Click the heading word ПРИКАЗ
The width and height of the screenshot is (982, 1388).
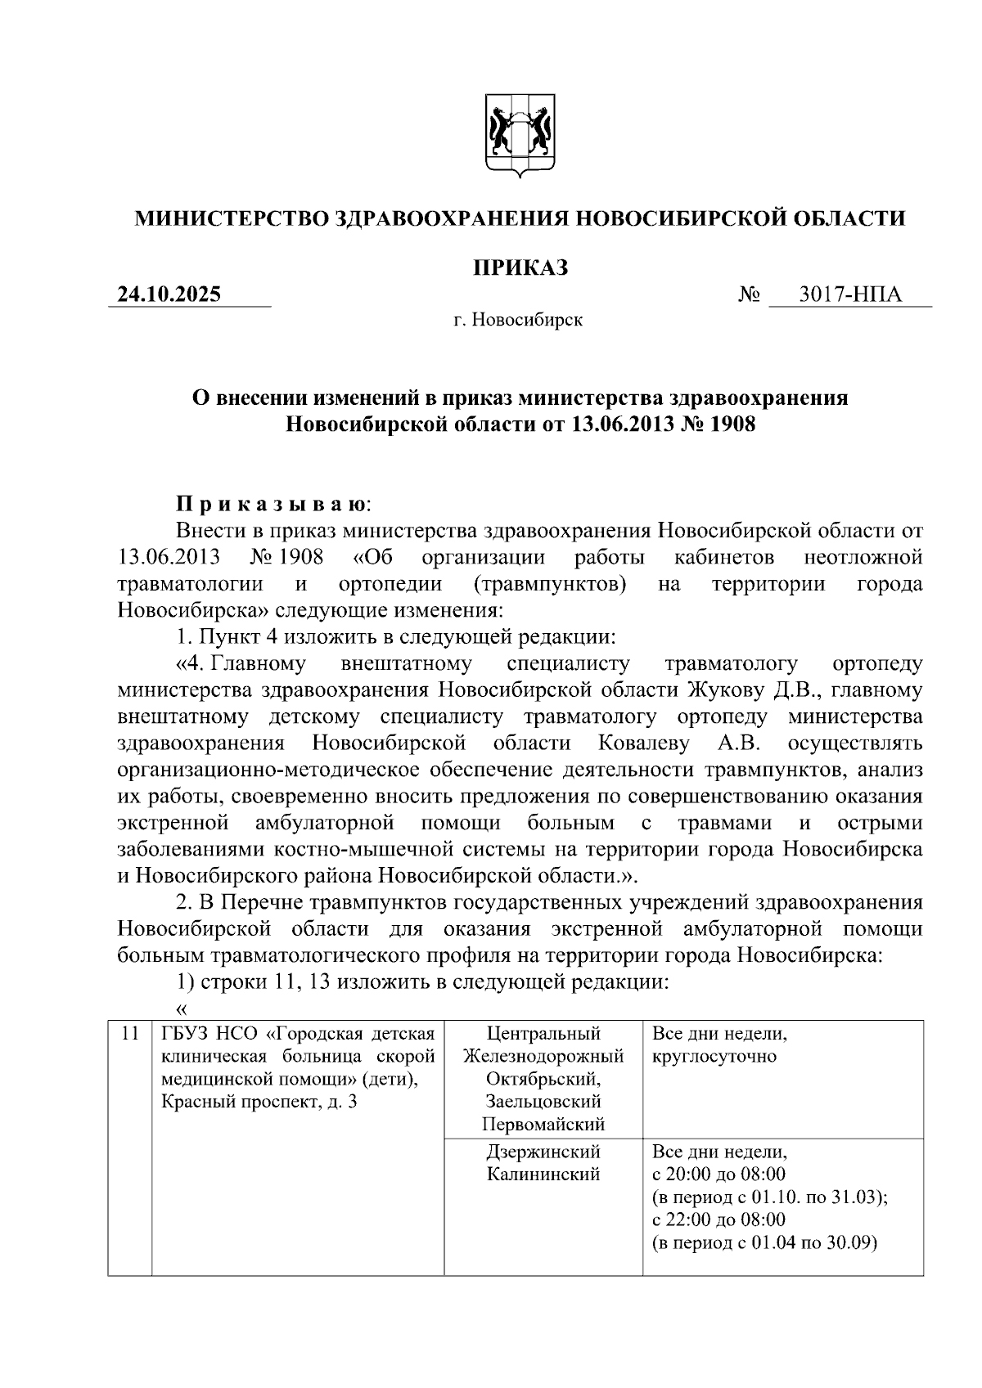pyautogui.click(x=520, y=267)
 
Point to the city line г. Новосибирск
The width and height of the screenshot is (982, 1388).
pyautogui.click(x=519, y=320)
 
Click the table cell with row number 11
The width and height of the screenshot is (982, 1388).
pyautogui.click(x=129, y=1034)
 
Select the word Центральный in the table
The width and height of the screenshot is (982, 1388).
pyautogui.click(x=543, y=1034)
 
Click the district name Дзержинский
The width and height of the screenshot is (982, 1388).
pyautogui.click(x=543, y=1152)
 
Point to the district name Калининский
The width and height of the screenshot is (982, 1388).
pyautogui.click(x=543, y=1175)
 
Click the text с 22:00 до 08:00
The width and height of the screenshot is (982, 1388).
pyautogui.click(x=718, y=1220)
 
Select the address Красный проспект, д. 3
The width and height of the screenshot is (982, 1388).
pyautogui.click(x=259, y=1102)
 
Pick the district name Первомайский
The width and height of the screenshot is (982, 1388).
pyautogui.click(x=543, y=1124)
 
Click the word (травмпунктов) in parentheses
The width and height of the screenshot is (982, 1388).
pyautogui.click(x=550, y=584)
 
